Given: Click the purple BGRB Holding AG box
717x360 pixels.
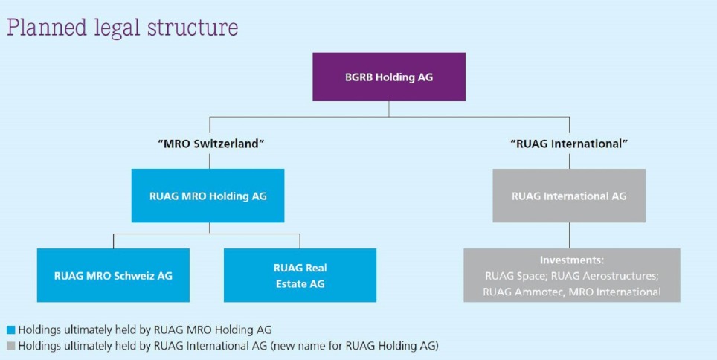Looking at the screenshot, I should [388, 77].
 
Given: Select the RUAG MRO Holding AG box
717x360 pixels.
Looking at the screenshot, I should [208, 196].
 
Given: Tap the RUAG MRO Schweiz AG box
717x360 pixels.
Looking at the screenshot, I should [113, 275].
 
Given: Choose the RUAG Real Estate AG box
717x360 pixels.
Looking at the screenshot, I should [300, 275].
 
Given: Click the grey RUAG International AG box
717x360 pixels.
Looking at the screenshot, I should [569, 196].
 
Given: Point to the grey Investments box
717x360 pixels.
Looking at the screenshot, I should [571, 275].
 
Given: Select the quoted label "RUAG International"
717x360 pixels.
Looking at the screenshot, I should [570, 143].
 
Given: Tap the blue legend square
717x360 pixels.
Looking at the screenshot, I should [10, 329].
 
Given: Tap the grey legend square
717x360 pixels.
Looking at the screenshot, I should [10, 345].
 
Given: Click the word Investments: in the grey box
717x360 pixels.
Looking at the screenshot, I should [571, 261].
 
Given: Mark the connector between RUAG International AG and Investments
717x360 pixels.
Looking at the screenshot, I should [570, 235].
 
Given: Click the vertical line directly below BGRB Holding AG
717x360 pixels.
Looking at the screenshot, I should [389, 109].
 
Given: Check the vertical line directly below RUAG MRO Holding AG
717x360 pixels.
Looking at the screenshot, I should [208, 228].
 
